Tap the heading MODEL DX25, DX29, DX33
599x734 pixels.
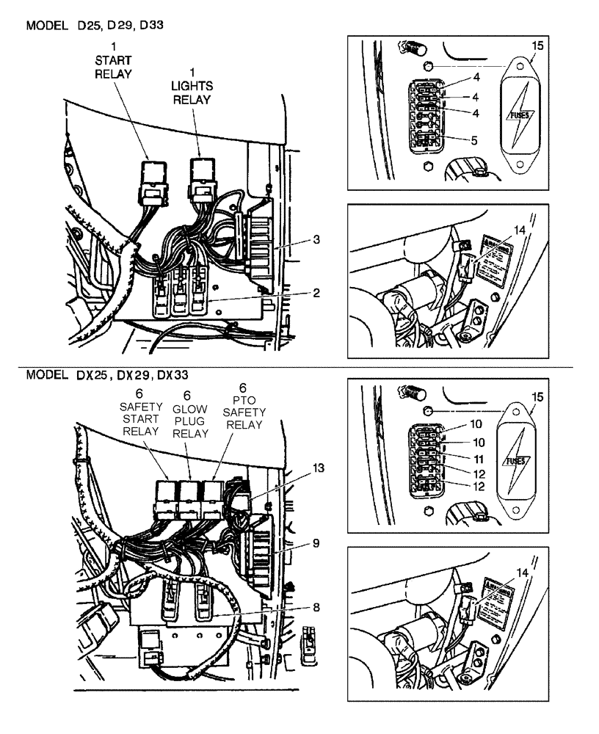(102, 374)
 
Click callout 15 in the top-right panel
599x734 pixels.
(537, 46)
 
